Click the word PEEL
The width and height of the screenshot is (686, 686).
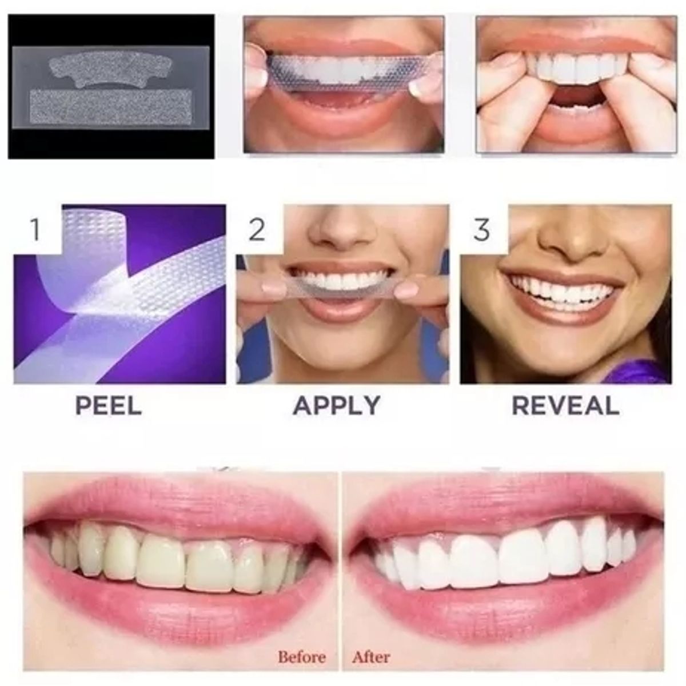tap(109, 405)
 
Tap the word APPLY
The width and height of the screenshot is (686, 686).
tap(337, 405)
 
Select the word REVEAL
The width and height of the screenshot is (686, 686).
tap(565, 405)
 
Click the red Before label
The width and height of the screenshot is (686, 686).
tap(302, 657)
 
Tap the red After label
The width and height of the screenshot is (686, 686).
tap(370, 657)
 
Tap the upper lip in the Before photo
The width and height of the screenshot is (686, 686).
tap(171, 503)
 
